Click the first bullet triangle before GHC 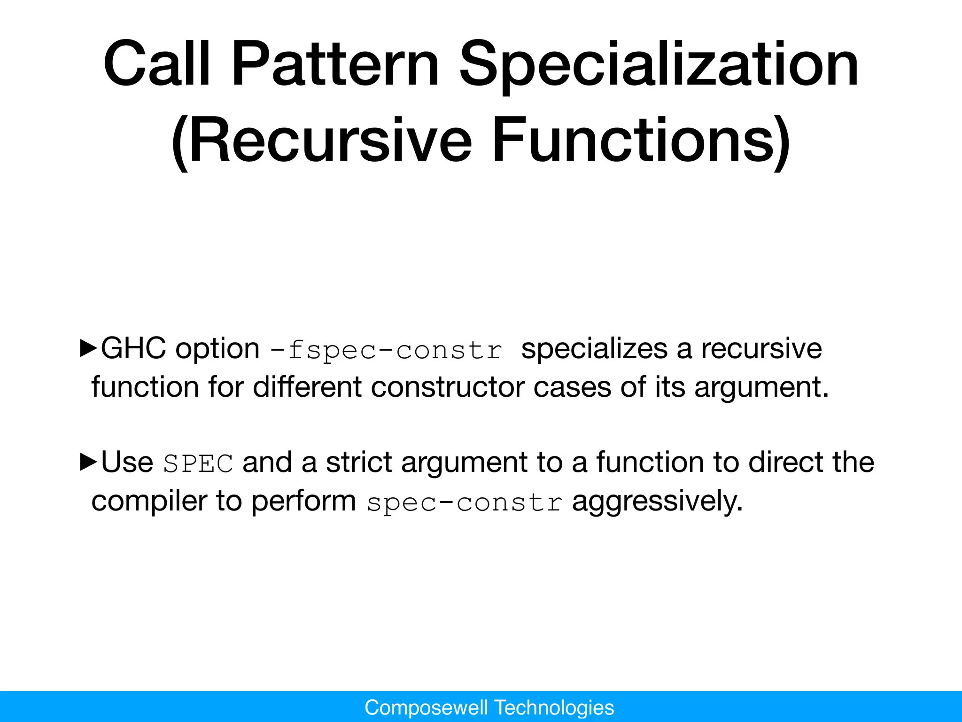88,348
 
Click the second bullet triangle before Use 88,462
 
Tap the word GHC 133,349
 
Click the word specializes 594,349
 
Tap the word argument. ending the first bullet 761,387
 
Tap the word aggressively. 657,501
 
